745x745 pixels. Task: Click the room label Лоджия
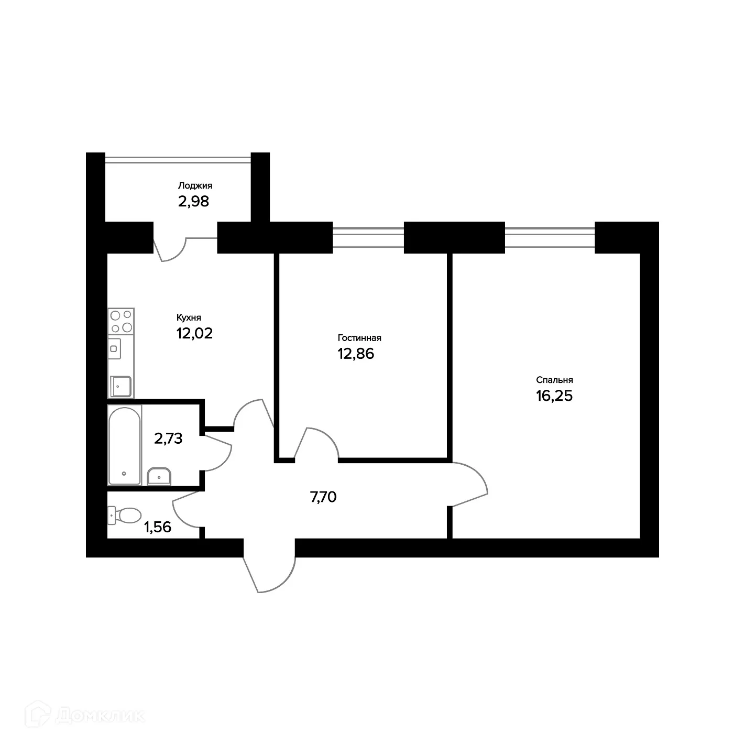coord(195,185)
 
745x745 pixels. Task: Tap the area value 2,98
coord(194,201)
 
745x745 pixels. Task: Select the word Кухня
coord(189,317)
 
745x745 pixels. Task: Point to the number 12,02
coord(194,333)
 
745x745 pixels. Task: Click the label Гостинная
coord(359,338)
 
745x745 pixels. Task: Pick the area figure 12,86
coord(356,354)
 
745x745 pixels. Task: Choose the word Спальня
coord(554,380)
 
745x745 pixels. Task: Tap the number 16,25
coord(554,396)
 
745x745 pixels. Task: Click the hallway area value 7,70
coord(323,497)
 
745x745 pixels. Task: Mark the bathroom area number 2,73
coord(168,439)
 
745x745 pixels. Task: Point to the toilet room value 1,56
coord(158,527)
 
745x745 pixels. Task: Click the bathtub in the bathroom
coord(124,445)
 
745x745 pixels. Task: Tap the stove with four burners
coord(121,321)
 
